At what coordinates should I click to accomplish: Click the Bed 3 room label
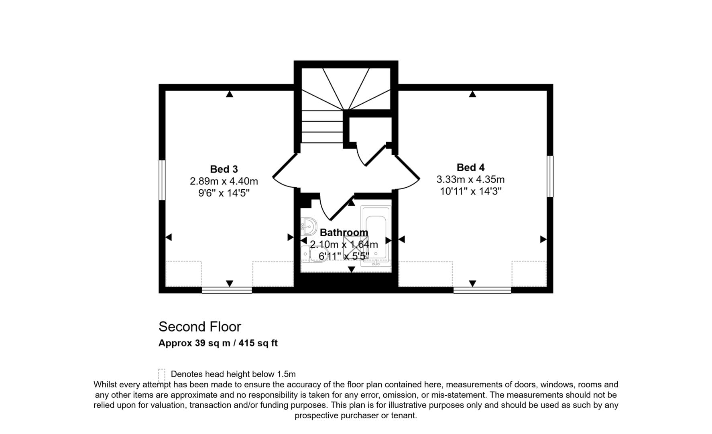point(224,169)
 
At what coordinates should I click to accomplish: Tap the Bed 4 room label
point(470,168)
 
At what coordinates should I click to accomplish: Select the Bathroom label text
point(344,233)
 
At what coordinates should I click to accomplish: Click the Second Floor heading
point(200,327)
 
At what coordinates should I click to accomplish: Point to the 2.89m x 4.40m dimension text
point(224,181)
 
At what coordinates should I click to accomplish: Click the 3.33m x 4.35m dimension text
point(470,180)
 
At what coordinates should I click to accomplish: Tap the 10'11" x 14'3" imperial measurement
point(471,191)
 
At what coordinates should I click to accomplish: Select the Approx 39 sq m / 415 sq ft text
point(218,343)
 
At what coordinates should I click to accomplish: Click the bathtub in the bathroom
point(376,236)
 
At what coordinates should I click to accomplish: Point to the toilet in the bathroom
point(315,254)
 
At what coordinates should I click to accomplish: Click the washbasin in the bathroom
point(309,227)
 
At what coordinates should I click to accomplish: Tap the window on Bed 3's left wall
point(162,180)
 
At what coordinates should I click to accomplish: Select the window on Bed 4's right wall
point(550,176)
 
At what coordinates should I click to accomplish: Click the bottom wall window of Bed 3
point(227,290)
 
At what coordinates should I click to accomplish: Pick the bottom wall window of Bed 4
point(482,290)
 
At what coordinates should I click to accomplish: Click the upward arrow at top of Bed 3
point(230,94)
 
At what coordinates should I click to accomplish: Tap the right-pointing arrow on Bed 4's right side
point(543,240)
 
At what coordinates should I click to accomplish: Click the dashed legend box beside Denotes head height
point(162,375)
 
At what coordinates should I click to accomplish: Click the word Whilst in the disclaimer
point(105,385)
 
